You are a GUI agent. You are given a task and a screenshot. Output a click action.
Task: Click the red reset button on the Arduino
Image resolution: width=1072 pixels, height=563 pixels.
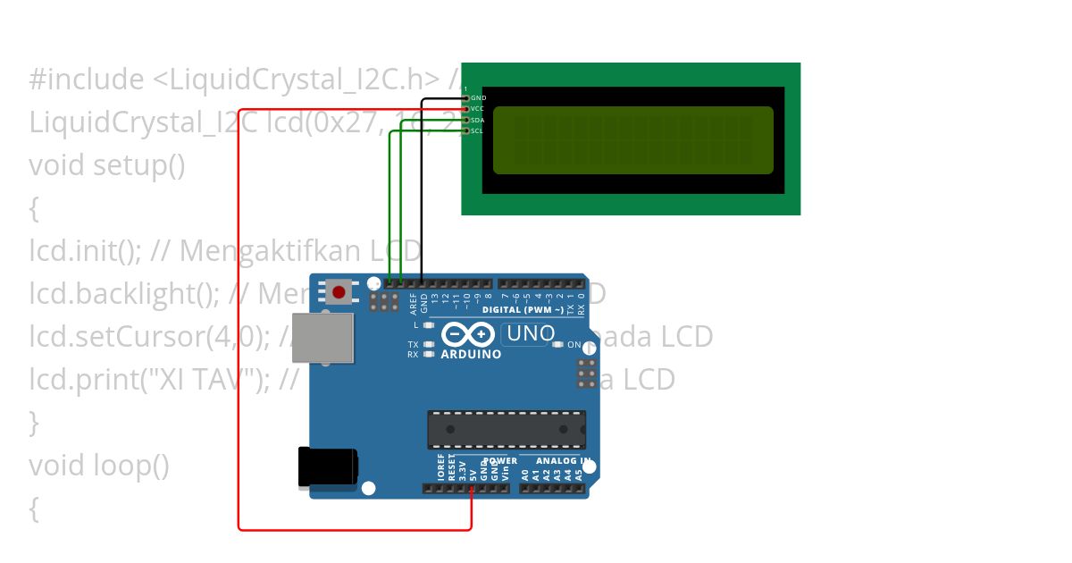tap(339, 291)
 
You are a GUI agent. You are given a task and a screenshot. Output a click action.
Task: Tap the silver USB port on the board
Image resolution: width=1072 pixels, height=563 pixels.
tap(322, 338)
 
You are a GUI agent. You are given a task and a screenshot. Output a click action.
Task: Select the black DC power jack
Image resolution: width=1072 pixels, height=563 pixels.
tap(328, 467)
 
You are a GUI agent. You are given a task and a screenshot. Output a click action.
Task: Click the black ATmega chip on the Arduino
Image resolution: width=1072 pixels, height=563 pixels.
tap(507, 430)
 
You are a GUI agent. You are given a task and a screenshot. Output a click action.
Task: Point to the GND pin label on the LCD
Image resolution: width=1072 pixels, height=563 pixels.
tap(479, 97)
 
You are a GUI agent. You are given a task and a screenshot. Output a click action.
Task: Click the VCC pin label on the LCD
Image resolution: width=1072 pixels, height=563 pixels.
tap(478, 108)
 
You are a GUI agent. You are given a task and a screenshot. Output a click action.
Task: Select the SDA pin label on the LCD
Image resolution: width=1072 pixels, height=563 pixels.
tap(478, 120)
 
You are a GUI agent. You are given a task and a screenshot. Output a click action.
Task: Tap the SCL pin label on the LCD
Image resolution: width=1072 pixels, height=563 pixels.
tap(478, 130)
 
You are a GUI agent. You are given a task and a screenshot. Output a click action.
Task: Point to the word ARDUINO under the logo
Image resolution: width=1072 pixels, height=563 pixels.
tap(471, 354)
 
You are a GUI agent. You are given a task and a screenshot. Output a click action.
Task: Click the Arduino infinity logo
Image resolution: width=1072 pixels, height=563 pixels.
tap(468, 334)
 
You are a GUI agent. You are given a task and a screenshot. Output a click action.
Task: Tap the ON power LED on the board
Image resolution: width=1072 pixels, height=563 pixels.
tap(557, 344)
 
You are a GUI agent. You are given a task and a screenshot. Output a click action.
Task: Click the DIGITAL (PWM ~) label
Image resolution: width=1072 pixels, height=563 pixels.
tap(520, 310)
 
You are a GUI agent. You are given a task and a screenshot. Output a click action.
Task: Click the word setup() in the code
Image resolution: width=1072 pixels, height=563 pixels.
tap(139, 165)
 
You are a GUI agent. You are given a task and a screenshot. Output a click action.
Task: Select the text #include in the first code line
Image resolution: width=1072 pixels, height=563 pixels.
tap(85, 80)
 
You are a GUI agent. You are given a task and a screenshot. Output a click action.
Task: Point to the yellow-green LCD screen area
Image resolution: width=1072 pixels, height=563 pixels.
tap(632, 140)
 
